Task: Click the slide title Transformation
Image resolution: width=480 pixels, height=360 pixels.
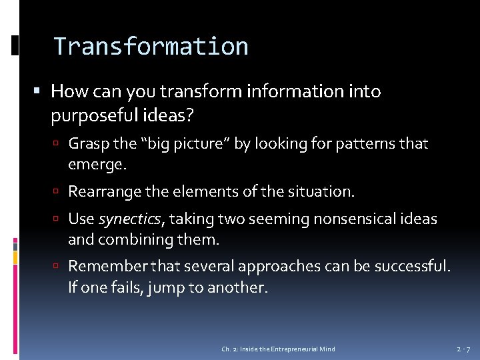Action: [x=151, y=47]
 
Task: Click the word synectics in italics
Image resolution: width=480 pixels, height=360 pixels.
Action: [x=129, y=219]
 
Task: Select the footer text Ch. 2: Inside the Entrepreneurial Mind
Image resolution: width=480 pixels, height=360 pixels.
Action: [x=278, y=349]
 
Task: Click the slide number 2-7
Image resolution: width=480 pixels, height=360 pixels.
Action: [x=463, y=349]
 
